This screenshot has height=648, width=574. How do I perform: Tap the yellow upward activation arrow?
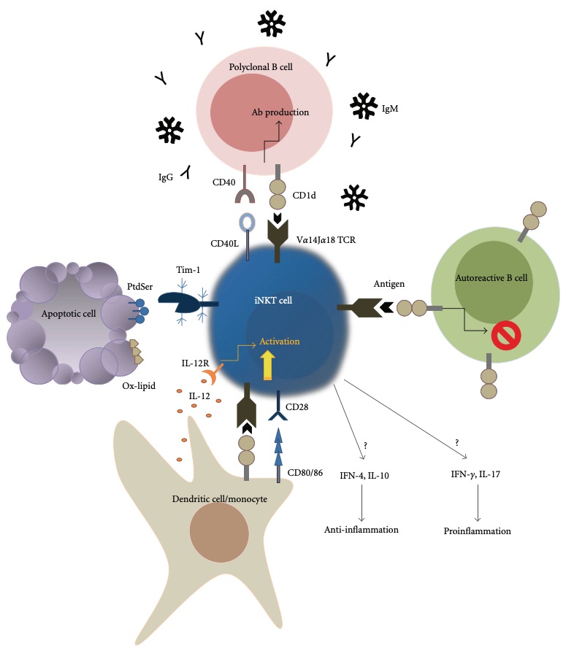click(x=267, y=363)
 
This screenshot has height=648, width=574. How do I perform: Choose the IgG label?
click(x=167, y=176)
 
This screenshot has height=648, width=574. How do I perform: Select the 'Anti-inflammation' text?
click(x=361, y=529)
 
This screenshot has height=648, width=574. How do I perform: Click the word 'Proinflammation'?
click(x=477, y=531)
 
